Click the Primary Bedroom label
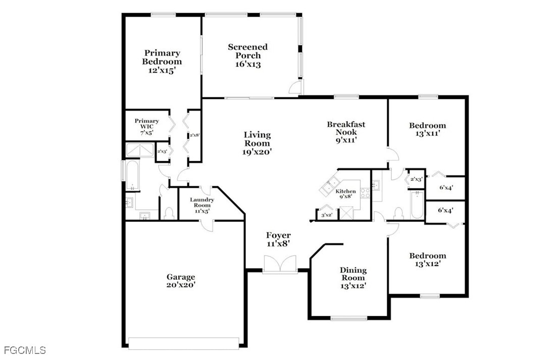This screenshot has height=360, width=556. [162, 62]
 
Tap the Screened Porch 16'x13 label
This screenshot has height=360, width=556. [248, 56]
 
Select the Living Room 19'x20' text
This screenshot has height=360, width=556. [258, 143]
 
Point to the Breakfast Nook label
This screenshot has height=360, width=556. [346, 128]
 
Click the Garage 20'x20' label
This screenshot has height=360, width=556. [181, 281]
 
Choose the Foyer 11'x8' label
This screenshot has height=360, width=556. [278, 239]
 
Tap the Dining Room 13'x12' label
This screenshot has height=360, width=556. [353, 278]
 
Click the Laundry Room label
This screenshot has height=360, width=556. [202, 202]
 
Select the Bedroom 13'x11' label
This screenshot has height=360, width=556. [428, 129]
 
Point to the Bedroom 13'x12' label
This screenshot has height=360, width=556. [428, 260]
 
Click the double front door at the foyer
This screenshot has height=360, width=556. [280, 264]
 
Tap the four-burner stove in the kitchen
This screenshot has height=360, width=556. [365, 193]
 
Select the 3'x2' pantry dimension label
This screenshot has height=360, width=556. [327, 215]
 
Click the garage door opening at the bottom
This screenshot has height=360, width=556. [184, 343]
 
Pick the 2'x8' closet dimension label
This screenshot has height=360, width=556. [194, 135]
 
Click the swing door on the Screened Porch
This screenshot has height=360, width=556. [295, 86]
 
